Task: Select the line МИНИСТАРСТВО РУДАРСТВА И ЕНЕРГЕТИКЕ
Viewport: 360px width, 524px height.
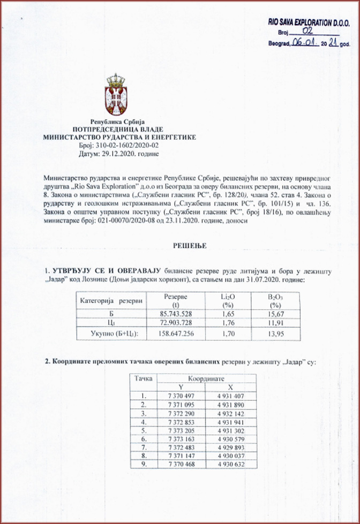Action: [119, 137]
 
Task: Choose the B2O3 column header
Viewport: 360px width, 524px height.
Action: [277, 300]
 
